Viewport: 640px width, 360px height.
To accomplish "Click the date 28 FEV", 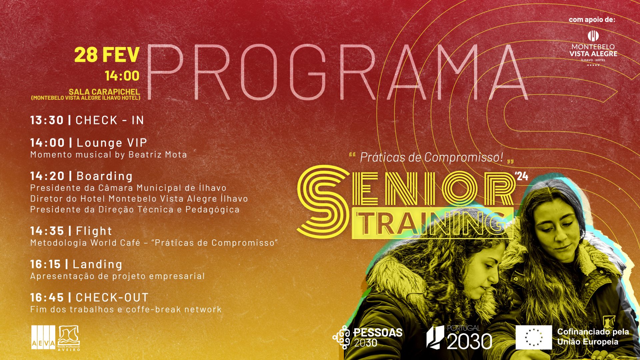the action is (x=107, y=55).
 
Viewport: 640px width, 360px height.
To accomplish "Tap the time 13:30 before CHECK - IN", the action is (x=47, y=120).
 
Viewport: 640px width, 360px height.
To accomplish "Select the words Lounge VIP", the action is (x=112, y=143).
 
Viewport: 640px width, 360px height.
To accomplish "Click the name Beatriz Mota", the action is (x=158, y=154).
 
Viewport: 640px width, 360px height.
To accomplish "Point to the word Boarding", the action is (x=105, y=176).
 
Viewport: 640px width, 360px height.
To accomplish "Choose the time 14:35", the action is (x=47, y=231).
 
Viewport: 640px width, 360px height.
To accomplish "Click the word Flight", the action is (x=94, y=231).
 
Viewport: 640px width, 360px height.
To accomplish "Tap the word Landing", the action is (x=98, y=264).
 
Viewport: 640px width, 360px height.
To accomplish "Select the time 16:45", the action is (x=47, y=297).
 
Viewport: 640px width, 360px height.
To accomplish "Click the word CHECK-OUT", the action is (x=112, y=297).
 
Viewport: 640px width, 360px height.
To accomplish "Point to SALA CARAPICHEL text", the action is (x=104, y=92).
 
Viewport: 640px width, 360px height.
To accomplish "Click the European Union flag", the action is (x=534, y=337).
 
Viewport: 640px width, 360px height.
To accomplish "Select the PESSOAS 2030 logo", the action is (x=368, y=337).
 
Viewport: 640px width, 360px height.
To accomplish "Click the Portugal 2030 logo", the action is (x=459, y=337).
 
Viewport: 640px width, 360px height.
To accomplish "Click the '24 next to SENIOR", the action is (x=522, y=176).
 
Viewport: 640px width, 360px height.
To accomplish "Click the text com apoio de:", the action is (x=592, y=20).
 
